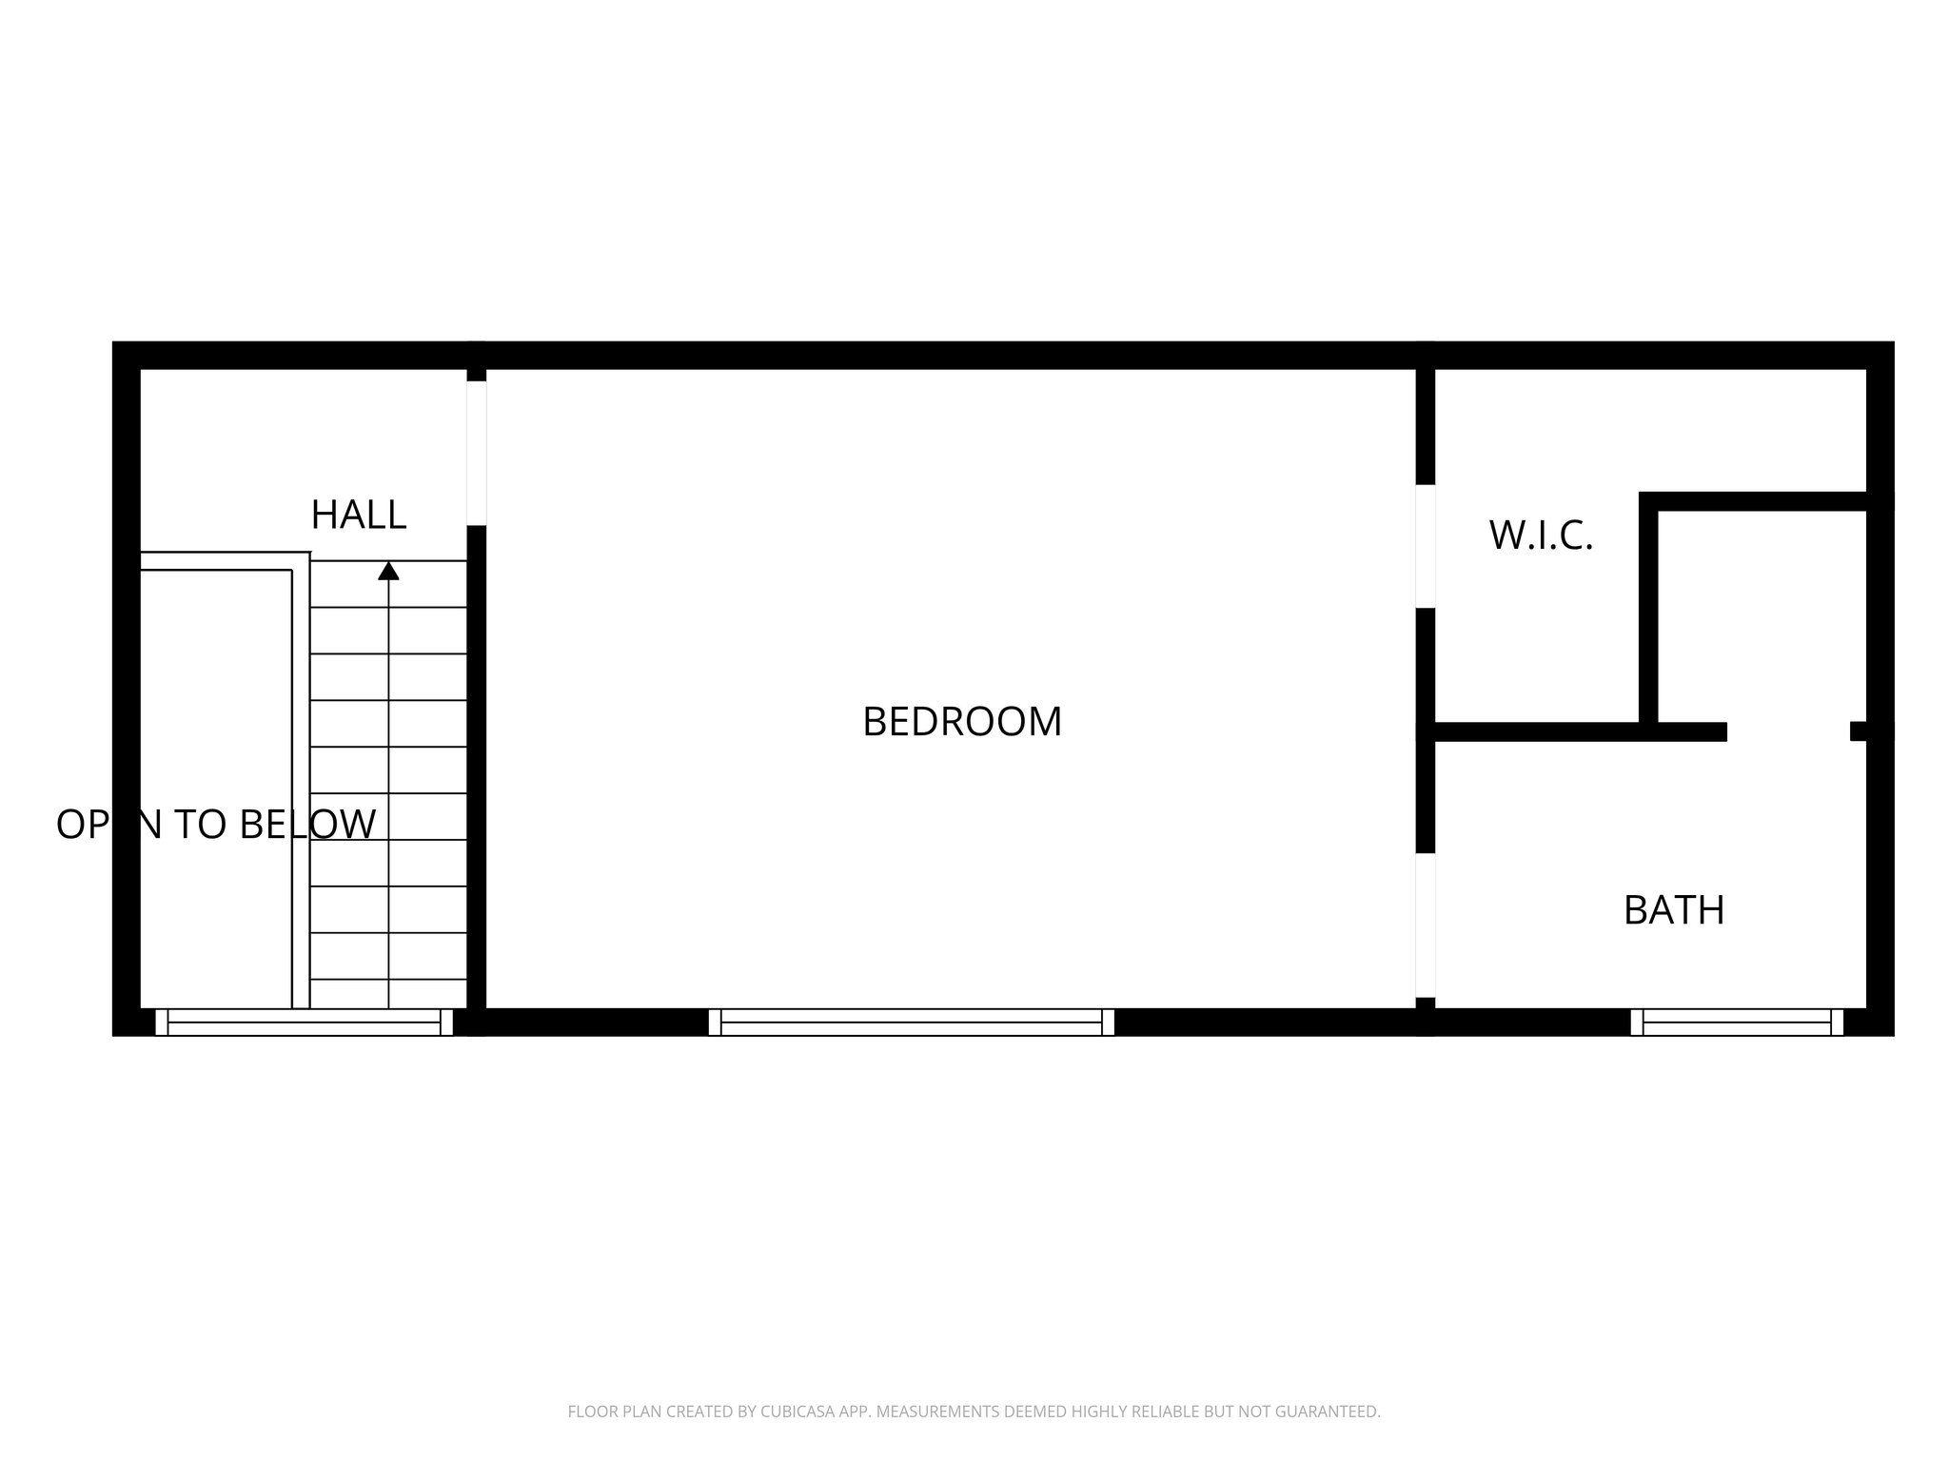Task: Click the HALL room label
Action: [359, 515]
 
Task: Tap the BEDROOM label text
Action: [961, 722]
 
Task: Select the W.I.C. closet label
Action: [1541, 536]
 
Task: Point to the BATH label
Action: [1674, 910]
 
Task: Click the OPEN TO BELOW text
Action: [216, 824]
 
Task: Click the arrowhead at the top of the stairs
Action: [388, 571]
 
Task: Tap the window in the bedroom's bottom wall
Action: [912, 1023]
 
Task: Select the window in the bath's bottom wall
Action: [1737, 1023]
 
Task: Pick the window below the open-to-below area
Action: [305, 1023]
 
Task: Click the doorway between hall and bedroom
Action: [477, 453]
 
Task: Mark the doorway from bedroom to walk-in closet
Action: [1425, 546]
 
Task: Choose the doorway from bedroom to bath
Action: [1425, 925]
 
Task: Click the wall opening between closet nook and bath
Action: [1788, 730]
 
